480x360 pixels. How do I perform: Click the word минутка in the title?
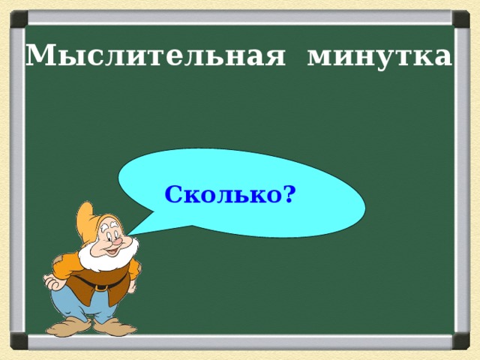(x=379, y=56)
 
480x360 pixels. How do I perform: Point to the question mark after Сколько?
(x=289, y=194)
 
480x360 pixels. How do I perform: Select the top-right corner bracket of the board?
(x=460, y=17)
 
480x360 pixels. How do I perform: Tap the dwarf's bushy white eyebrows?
(x=112, y=225)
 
